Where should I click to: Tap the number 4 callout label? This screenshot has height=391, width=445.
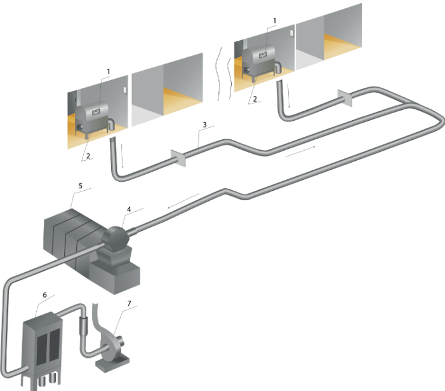coord(130,209)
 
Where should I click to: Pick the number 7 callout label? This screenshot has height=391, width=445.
coord(129,305)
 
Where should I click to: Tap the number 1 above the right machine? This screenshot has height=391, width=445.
coord(274,20)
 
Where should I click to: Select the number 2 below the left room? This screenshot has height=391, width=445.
coord(90,155)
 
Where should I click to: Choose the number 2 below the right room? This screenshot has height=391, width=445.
coord(254,99)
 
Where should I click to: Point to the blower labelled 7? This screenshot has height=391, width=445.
coord(111,343)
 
